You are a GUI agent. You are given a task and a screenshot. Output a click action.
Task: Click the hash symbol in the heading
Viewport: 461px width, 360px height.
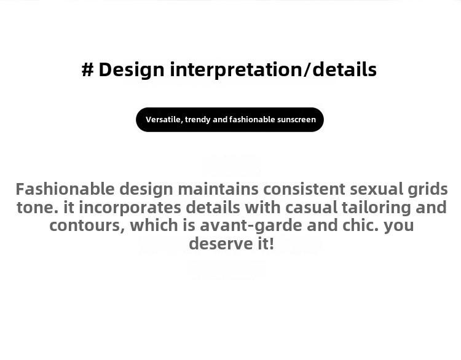pyautogui.click(x=88, y=70)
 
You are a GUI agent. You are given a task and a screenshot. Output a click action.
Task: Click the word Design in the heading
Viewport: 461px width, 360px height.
pyautogui.click(x=132, y=70)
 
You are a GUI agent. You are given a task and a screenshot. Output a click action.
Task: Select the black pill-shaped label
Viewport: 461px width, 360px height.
pyautogui.click(x=230, y=120)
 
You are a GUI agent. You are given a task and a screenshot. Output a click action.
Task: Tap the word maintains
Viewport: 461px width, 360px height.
pyautogui.click(x=218, y=189)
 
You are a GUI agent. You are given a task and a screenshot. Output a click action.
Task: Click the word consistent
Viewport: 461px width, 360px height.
pyautogui.click(x=304, y=189)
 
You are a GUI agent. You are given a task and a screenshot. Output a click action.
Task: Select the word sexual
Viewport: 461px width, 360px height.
pyautogui.click(x=376, y=189)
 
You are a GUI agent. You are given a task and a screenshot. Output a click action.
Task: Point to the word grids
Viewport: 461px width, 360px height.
pyautogui.click(x=428, y=190)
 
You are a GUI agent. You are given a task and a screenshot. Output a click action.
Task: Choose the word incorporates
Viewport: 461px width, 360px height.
pyautogui.click(x=130, y=208)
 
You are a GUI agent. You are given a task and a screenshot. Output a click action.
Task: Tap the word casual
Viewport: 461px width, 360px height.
pyautogui.click(x=311, y=208)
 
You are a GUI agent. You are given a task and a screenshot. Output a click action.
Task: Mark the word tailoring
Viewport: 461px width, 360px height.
pyautogui.click(x=376, y=208)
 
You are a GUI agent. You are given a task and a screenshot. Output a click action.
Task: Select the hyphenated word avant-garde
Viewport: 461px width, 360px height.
pyautogui.click(x=251, y=226)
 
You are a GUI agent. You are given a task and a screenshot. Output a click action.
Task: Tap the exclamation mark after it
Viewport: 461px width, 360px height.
pyautogui.click(x=271, y=244)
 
